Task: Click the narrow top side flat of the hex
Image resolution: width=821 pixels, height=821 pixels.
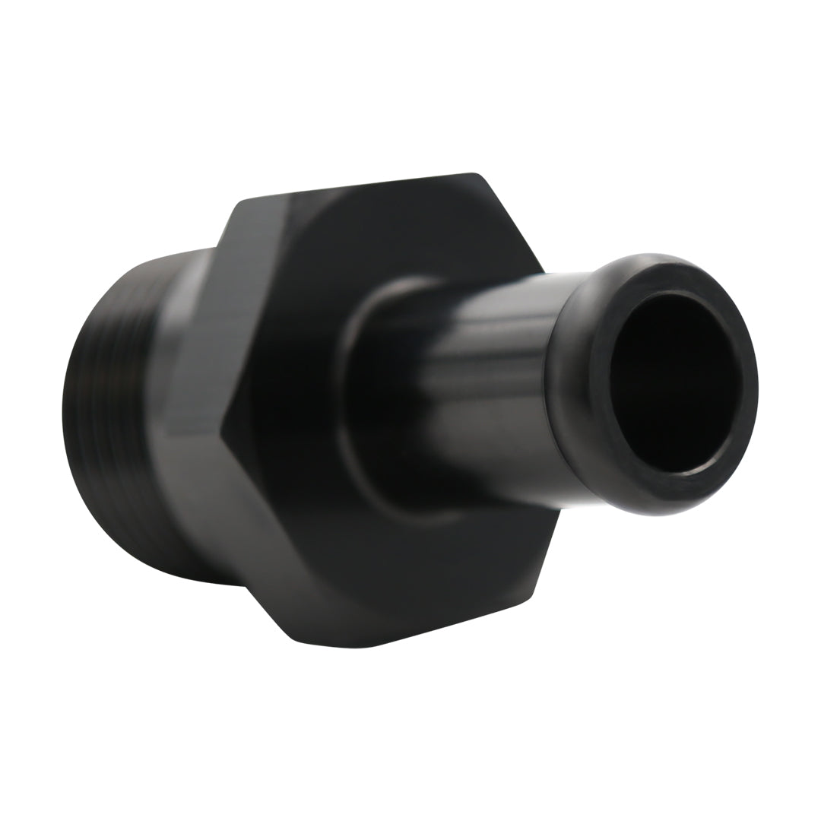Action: click(x=357, y=186)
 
